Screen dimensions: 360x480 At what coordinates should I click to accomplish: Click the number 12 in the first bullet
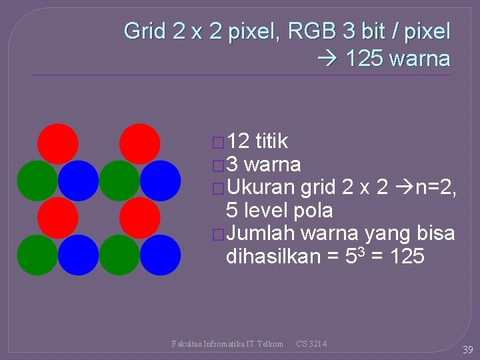(x=238, y=141)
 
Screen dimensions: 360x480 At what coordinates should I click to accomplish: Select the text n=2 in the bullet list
(x=435, y=187)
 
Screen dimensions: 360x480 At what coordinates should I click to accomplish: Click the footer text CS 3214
(x=311, y=344)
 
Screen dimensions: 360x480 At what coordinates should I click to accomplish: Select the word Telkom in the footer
(x=270, y=344)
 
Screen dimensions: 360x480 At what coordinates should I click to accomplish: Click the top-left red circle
(x=58, y=144)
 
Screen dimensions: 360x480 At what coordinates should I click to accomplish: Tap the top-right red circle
(x=140, y=144)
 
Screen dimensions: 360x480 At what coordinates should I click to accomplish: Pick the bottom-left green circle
(x=37, y=255)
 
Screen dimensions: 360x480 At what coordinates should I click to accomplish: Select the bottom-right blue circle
(x=161, y=255)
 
